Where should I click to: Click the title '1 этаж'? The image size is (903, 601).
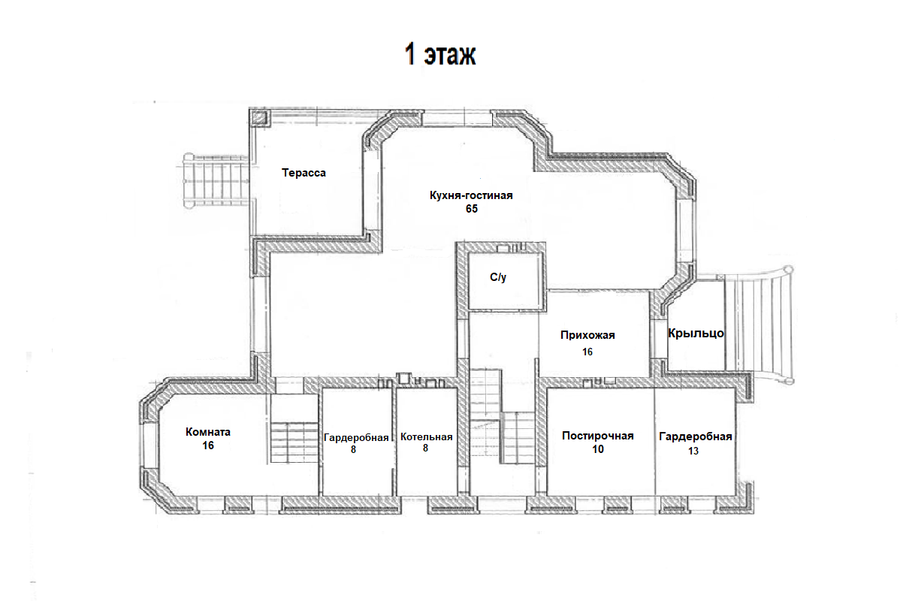click(x=439, y=54)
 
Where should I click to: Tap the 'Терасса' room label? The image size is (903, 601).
click(x=304, y=173)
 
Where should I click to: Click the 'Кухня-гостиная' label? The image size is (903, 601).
click(x=471, y=195)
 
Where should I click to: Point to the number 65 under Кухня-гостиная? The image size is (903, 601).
click(x=472, y=209)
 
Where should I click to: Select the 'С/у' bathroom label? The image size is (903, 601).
click(x=498, y=277)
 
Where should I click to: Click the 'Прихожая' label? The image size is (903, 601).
click(x=587, y=335)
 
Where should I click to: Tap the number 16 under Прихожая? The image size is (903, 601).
click(x=587, y=352)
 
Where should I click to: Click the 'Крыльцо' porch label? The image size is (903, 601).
click(x=696, y=334)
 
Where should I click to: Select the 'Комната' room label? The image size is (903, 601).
click(x=208, y=432)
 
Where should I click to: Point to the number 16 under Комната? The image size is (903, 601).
click(x=208, y=445)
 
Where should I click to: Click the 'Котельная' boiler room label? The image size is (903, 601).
click(x=426, y=437)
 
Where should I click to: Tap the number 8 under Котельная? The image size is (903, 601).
click(x=425, y=448)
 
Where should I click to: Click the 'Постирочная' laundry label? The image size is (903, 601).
click(x=598, y=436)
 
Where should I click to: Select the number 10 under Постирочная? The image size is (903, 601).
click(x=598, y=449)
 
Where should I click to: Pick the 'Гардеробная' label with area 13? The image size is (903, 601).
click(x=696, y=436)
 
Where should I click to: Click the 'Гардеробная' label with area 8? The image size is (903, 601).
click(x=356, y=438)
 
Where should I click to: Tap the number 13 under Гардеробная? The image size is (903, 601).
click(x=693, y=451)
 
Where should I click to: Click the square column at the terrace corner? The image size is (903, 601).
click(x=259, y=118)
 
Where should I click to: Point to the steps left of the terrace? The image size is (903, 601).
click(x=216, y=180)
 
